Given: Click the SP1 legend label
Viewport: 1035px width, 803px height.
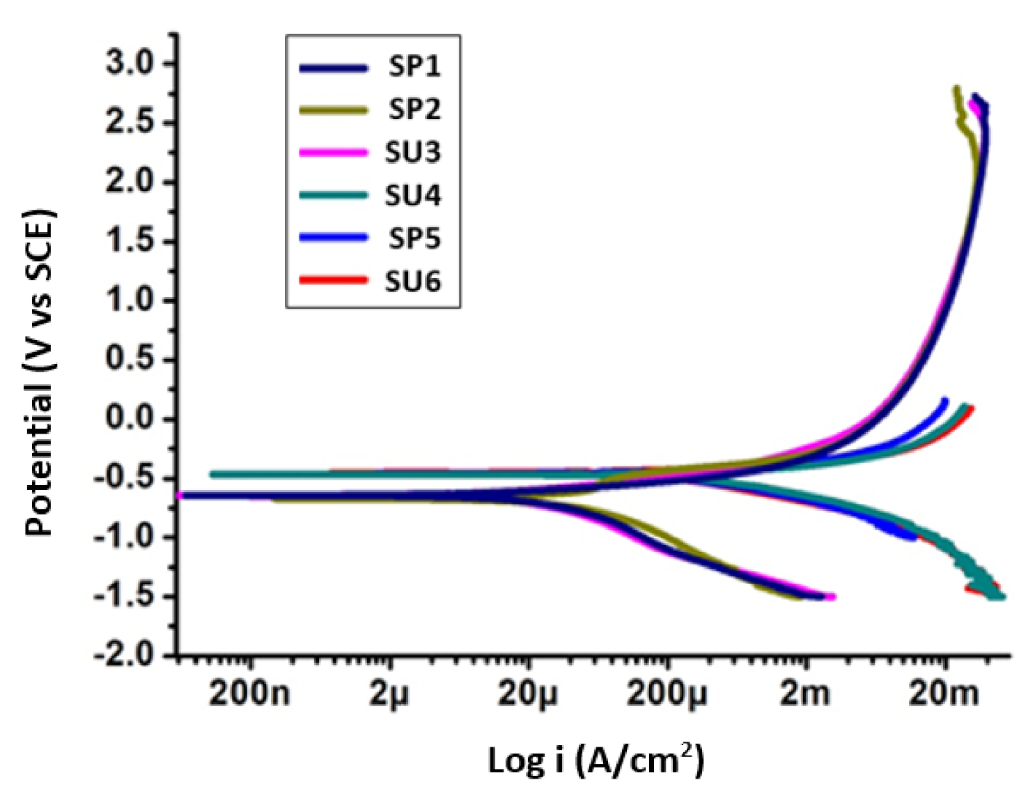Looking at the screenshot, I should tap(414, 66).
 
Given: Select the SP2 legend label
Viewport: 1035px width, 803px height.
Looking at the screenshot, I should tap(414, 109).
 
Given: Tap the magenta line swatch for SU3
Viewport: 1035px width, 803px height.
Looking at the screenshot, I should tap(333, 153).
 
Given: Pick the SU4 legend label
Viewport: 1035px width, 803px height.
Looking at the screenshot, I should tap(413, 196).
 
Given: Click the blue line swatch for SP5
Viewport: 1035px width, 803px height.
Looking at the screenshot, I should tap(333, 238).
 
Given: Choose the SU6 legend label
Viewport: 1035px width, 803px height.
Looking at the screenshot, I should tap(413, 282).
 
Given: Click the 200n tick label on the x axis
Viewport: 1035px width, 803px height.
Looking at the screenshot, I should tap(249, 694).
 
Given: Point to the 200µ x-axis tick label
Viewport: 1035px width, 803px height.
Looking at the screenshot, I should tap(667, 694).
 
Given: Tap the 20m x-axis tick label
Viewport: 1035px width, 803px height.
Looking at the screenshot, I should tap(944, 694).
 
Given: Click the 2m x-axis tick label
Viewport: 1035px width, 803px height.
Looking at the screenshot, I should tap(805, 694).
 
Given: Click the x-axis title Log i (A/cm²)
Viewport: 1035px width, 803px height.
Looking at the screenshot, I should tap(596, 759).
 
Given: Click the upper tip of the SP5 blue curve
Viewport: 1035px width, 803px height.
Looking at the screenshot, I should tap(945, 400).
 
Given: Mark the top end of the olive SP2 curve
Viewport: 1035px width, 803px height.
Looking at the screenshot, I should tap(956, 89).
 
